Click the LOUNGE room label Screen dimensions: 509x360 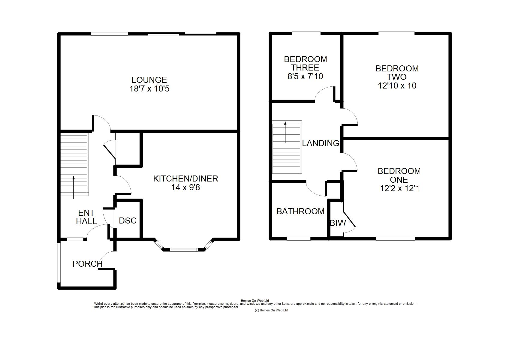click(x=149, y=80)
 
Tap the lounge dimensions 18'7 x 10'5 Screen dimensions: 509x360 click(x=149, y=88)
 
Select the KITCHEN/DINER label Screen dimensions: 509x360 click(x=185, y=179)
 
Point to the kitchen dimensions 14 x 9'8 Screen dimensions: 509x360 click(x=185, y=187)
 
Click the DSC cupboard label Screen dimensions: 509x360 click(x=128, y=220)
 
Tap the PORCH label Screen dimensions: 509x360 click(x=88, y=264)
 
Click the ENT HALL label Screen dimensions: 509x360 click(x=86, y=217)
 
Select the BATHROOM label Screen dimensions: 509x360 click(x=300, y=211)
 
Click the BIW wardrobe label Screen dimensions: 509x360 click(x=338, y=223)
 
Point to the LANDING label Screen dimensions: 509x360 click(x=321, y=143)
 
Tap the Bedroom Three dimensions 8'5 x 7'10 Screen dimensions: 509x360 click(x=305, y=76)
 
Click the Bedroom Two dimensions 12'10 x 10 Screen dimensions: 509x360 click(x=397, y=85)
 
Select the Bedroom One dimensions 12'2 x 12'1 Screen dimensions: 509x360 click(x=399, y=188)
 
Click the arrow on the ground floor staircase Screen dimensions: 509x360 click(x=74, y=187)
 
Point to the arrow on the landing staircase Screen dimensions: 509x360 click(x=285, y=132)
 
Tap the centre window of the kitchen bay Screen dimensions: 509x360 click(x=184, y=250)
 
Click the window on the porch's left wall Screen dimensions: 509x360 click(x=59, y=262)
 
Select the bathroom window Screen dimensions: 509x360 click(x=299, y=239)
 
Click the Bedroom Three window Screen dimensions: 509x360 click(x=306, y=33)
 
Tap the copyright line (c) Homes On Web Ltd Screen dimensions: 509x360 click(x=271, y=310)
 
